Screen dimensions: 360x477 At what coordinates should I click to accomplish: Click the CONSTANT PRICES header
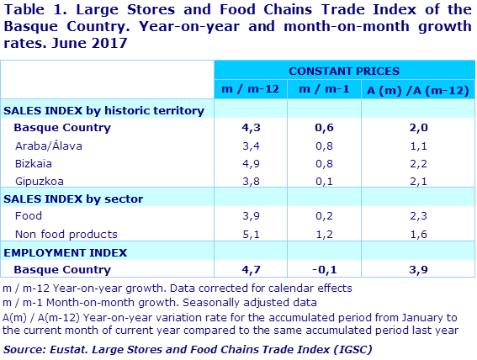coord(343,71)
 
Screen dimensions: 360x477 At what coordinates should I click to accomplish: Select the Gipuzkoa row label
coord(40,181)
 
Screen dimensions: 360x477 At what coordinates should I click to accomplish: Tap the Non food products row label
coord(66,234)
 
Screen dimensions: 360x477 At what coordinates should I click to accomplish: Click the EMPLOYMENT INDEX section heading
coord(66,252)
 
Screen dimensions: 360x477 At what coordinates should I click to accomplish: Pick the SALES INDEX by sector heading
coord(74,199)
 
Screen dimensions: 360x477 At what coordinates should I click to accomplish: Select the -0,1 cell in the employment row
coord(319,270)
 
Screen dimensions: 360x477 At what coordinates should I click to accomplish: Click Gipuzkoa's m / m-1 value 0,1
coord(319,181)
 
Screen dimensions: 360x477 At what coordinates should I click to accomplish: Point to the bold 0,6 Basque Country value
coord(319,128)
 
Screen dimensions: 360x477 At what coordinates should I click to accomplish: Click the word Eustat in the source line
coord(74,348)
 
